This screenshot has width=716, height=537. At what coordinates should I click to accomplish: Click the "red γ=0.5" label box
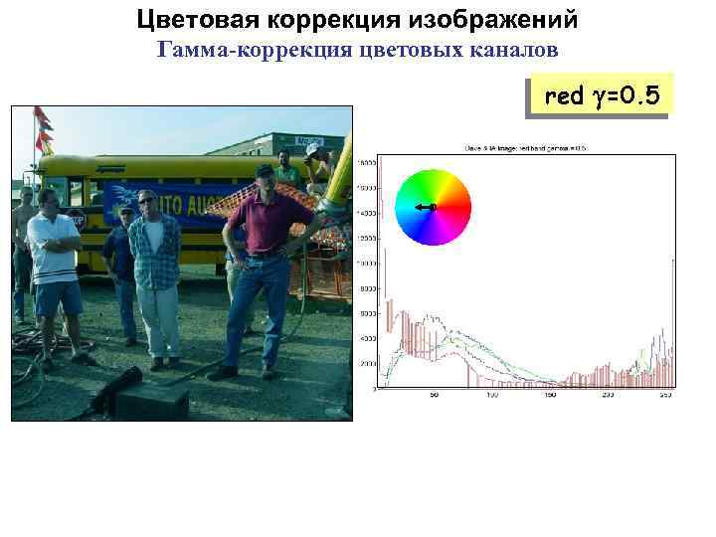[x=602, y=96]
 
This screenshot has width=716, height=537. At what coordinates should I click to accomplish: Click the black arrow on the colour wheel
[x=426, y=207]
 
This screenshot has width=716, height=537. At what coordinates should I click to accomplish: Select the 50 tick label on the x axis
[x=434, y=396]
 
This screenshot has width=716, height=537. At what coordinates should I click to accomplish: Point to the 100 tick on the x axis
[x=492, y=396]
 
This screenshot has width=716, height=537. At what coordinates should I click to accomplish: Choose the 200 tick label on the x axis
[x=608, y=396]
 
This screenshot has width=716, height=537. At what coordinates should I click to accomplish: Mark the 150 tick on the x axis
[x=550, y=396]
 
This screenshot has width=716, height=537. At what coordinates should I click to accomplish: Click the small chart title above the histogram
[x=525, y=148]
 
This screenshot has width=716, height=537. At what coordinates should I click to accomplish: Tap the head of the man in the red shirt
[x=265, y=179]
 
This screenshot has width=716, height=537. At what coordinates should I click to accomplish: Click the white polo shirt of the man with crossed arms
[x=52, y=245]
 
